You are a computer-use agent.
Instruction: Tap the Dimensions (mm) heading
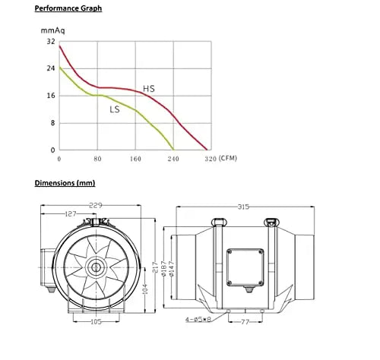[65, 183]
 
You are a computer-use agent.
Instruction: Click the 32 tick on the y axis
[51, 41]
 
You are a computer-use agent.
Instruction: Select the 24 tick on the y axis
[51, 68]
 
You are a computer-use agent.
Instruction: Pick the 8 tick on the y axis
[52, 123]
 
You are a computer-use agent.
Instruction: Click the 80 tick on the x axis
[97, 160]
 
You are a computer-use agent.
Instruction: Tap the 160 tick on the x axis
[135, 160]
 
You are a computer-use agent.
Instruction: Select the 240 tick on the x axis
[173, 160]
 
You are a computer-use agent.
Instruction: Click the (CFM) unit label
[228, 160]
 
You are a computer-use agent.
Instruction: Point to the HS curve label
[149, 90]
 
